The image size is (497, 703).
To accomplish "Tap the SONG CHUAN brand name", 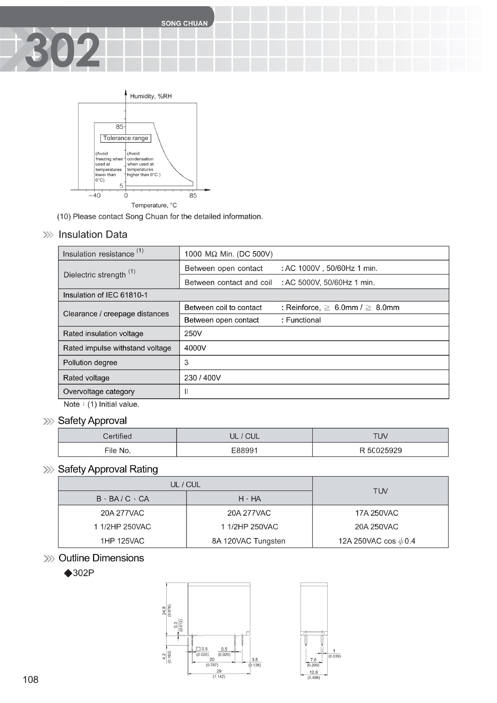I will pos(184,23).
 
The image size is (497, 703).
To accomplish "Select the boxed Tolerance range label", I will pos(126,138).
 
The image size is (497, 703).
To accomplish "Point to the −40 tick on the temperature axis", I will pos(94,196).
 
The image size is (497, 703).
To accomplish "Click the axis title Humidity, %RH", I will pos(151,96).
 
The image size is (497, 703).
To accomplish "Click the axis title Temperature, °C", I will pos(154,205).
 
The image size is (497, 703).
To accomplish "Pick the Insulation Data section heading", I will pos(93,235).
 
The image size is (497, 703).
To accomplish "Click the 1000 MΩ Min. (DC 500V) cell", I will pos(228,254).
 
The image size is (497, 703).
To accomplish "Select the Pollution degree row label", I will pos(90,362).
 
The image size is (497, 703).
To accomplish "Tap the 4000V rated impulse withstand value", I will pos(195,348).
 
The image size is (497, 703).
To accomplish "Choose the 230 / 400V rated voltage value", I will pos(202,378).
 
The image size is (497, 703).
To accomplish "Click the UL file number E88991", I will pos(244,450).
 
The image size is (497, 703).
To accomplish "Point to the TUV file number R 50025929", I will pos(381,450).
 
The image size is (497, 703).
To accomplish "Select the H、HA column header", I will pos(249,499).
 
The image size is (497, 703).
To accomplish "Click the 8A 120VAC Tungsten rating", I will pos(249,541).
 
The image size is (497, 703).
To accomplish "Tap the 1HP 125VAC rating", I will pos(122,541).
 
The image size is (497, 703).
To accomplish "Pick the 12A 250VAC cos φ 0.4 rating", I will pos(377,541).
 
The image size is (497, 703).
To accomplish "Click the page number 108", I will pos(30,680).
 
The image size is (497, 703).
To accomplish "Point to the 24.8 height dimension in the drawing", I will pos(164,610).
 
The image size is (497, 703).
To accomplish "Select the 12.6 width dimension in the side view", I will pos(314,672).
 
